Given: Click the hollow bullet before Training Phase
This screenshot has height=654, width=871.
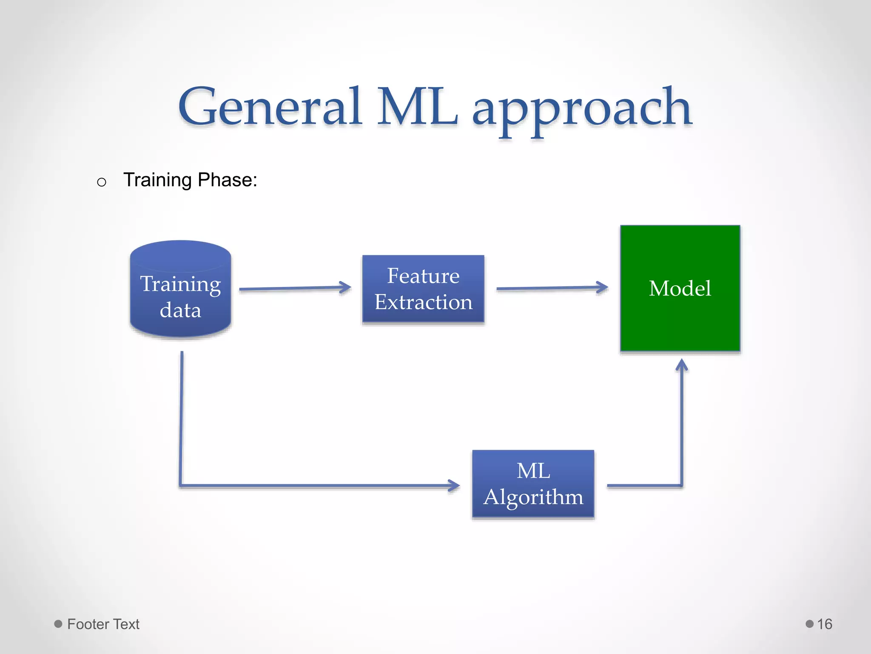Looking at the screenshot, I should tap(101, 182).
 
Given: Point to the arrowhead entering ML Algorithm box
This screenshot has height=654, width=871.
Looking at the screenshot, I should tap(454, 485).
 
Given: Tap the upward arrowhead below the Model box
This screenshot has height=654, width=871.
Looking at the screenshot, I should tap(682, 365).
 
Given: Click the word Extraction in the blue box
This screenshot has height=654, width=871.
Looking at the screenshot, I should tap(423, 302).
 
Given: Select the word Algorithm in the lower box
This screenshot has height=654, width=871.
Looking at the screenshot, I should tap(533, 497).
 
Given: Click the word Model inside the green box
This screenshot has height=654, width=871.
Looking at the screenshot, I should tap(680, 288).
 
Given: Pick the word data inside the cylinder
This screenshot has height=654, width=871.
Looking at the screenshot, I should tap(180, 310).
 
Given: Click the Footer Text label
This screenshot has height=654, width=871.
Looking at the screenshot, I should tap(103, 624).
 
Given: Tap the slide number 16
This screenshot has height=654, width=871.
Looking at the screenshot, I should tap(824, 624).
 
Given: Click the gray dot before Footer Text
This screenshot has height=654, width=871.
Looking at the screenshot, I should tap(58, 624).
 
